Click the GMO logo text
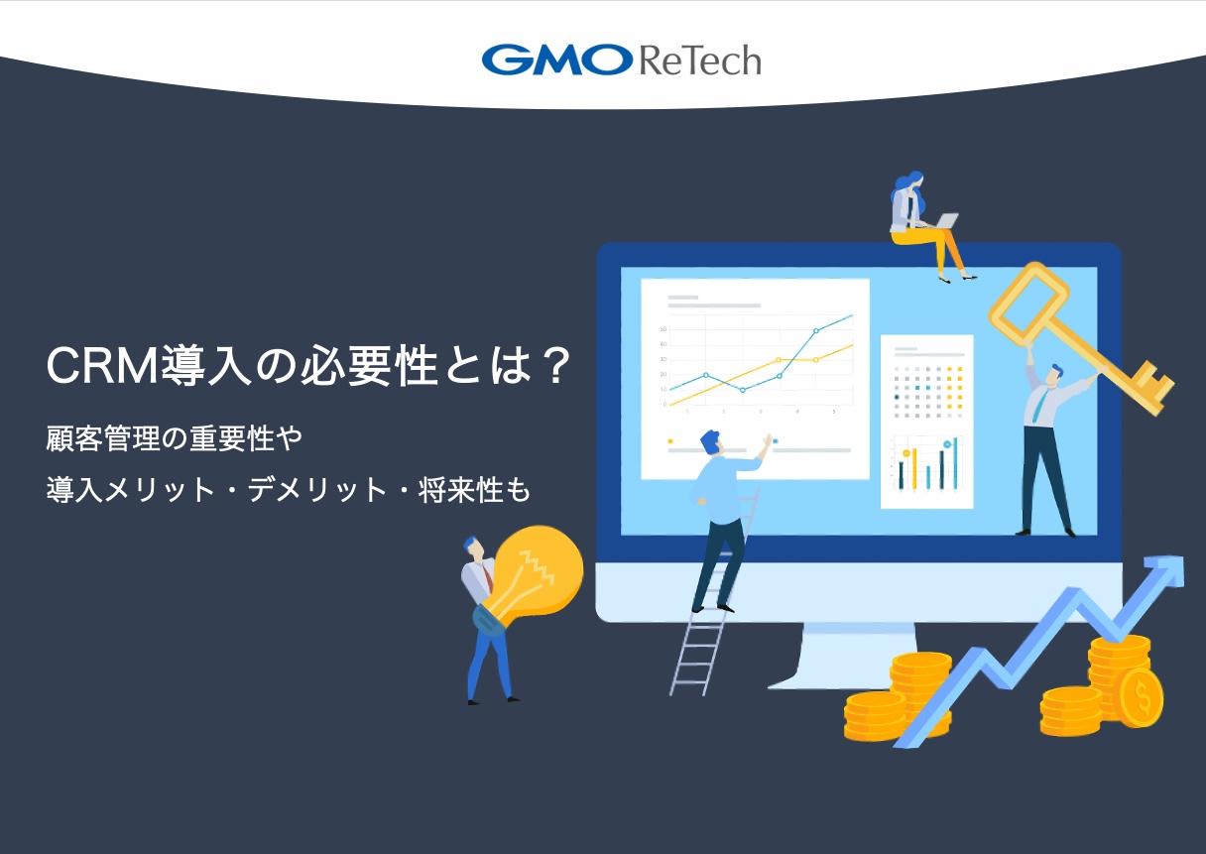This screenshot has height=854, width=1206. point(556,60)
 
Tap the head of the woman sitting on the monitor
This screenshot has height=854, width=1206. point(909,183)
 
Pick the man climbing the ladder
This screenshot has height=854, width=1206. point(722,516)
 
